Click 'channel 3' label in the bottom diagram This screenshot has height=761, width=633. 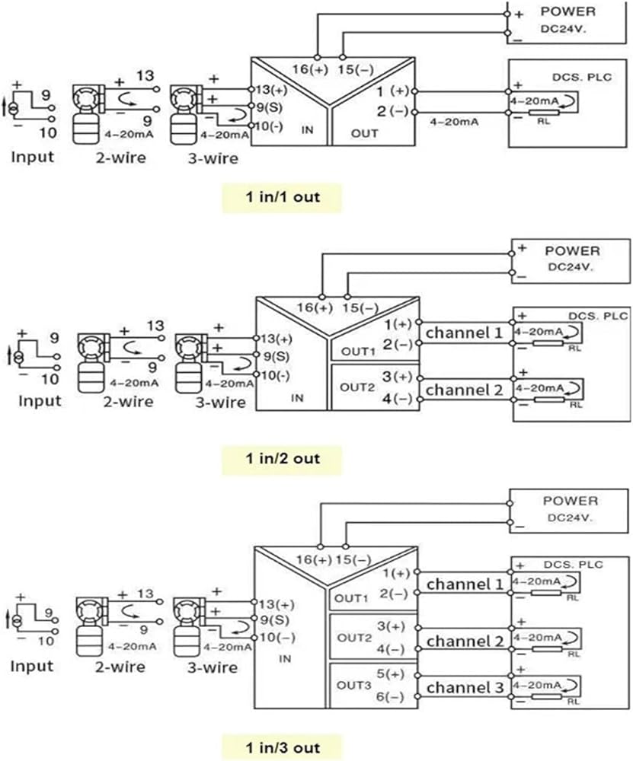[x=465, y=688]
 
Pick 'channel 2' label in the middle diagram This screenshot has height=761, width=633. [x=464, y=390]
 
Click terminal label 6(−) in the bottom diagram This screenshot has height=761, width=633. [x=395, y=697]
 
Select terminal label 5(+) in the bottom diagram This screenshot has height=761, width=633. [x=395, y=674]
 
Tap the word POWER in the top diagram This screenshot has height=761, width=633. [x=568, y=11]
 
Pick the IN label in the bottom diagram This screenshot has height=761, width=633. [x=284, y=659]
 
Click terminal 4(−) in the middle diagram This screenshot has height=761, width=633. [x=397, y=399]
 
